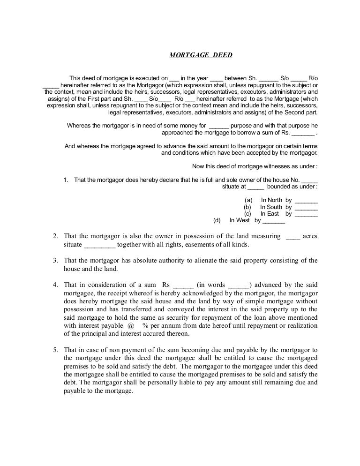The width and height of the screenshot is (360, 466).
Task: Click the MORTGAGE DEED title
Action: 201,55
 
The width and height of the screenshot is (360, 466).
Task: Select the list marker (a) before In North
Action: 248,200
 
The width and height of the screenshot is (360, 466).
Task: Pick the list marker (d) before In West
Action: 217,220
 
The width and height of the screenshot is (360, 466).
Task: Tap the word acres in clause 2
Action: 310,236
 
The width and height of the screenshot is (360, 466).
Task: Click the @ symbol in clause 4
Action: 130,325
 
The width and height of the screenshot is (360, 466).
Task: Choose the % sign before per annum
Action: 146,325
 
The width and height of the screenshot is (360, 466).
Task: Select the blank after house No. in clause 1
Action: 310,180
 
